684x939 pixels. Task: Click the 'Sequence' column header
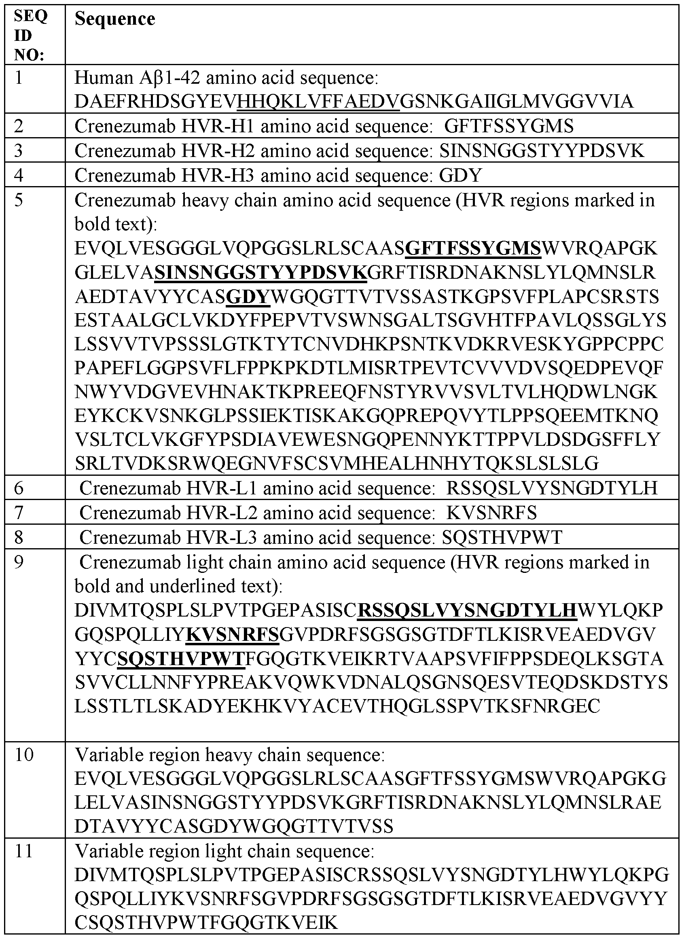pyautogui.click(x=115, y=19)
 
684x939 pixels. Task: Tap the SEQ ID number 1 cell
pyautogui.click(x=19, y=77)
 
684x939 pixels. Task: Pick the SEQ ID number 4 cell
pyautogui.click(x=19, y=175)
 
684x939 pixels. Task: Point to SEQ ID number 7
pyautogui.click(x=19, y=513)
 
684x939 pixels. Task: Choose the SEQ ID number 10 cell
pyautogui.click(x=23, y=755)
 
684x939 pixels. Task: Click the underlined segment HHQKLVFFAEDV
pyautogui.click(x=318, y=102)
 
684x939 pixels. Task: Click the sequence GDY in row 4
pyautogui.click(x=460, y=175)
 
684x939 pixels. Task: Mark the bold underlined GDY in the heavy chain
pyautogui.click(x=248, y=297)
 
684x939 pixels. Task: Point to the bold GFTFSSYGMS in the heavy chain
pyautogui.click(x=473, y=248)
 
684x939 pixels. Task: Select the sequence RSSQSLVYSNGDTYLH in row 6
pyautogui.click(x=551, y=488)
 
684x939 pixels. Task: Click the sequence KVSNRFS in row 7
pyautogui.click(x=491, y=513)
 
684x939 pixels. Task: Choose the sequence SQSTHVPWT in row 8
pyautogui.click(x=502, y=537)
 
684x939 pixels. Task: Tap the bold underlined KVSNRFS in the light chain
pyautogui.click(x=233, y=634)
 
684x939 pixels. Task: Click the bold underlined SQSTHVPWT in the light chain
pyautogui.click(x=181, y=659)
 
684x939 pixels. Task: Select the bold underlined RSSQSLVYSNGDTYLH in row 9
pyautogui.click(x=467, y=610)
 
